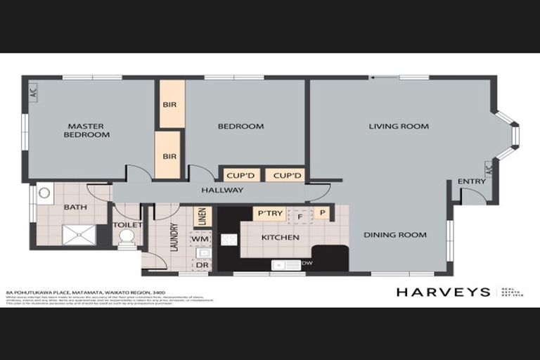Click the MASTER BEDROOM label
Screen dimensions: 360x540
(87, 130)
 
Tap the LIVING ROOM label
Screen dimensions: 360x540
(399, 127)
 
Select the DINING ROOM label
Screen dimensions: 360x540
(394, 235)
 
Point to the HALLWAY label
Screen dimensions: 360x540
(222, 191)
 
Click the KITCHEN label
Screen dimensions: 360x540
(281, 238)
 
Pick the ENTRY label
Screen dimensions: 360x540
(471, 181)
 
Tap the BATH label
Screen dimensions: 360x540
(75, 207)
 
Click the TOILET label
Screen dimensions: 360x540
(127, 225)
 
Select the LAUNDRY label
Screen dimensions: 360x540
(174, 237)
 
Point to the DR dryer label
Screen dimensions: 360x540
(201, 264)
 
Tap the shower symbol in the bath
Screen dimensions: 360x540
(78, 234)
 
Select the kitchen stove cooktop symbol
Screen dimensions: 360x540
(230, 239)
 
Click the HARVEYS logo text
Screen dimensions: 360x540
(443, 292)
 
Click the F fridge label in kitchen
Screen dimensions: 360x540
(300, 217)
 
